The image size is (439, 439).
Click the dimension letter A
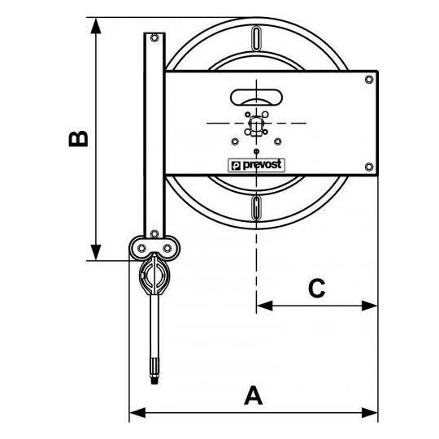[x=254, y=396]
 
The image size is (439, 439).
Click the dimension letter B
[x=78, y=139]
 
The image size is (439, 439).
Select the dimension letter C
[x=317, y=288]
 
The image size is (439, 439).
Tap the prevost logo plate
[x=256, y=164]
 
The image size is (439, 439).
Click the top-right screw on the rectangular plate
[x=370, y=79]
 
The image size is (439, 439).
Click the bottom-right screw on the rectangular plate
[x=370, y=167]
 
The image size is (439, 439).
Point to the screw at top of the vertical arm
[x=154, y=37]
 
